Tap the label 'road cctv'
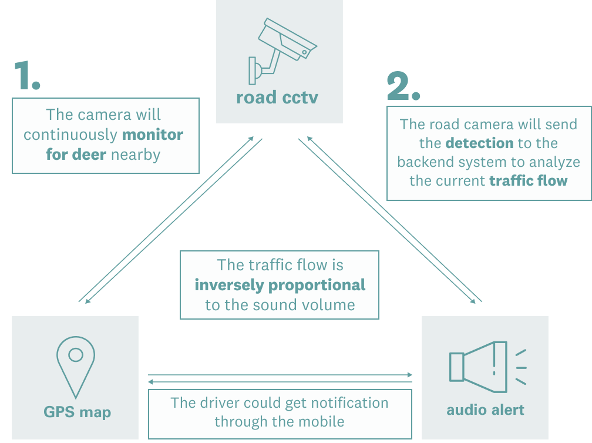(x=277, y=97)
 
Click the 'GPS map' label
(x=77, y=412)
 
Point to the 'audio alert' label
(x=485, y=410)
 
